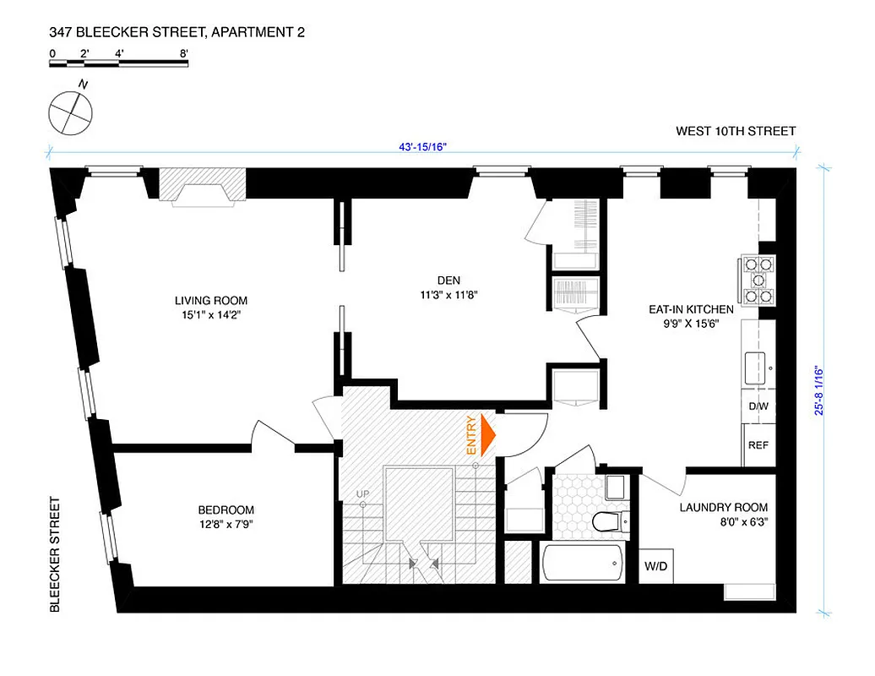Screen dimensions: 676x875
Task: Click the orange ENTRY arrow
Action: pos(486,434)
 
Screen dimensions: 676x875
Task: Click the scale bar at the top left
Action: pos(118,63)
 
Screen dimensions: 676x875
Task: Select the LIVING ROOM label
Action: pos(211,301)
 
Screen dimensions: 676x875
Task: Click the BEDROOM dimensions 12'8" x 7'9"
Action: pos(226,524)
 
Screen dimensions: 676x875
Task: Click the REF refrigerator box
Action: pos(758,445)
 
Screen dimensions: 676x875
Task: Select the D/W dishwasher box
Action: pos(758,406)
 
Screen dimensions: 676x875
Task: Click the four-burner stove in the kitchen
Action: pos(757,280)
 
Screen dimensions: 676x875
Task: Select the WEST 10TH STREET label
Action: pos(736,131)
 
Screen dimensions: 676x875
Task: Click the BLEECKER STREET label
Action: pos(55,553)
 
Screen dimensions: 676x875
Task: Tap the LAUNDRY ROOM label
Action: pos(724,507)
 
